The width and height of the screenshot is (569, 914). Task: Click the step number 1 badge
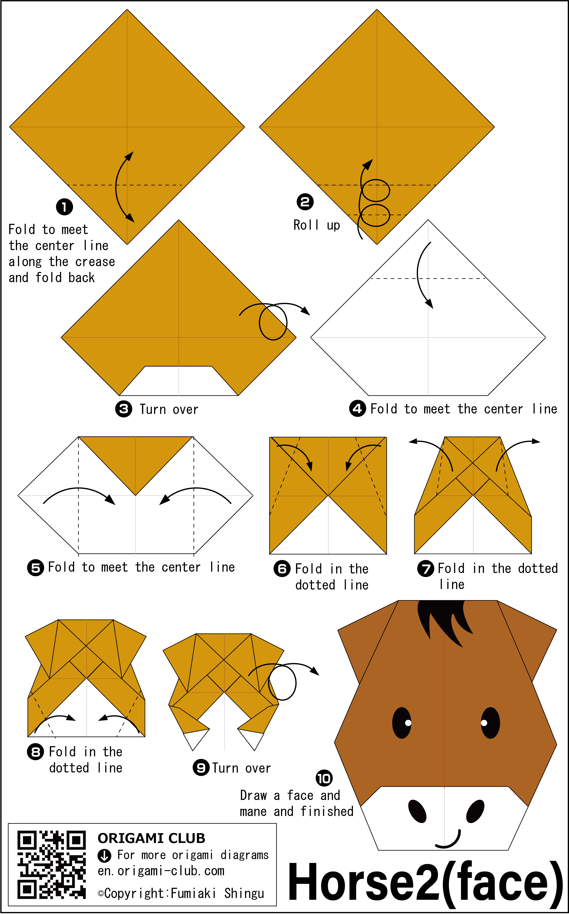pyautogui.click(x=64, y=207)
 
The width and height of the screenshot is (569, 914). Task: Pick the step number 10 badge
pyautogui.click(x=324, y=778)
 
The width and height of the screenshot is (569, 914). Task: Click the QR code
pyautogui.click(x=52, y=865)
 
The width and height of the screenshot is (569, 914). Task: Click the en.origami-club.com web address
pyautogui.click(x=161, y=871)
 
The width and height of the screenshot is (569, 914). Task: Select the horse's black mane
pyautogui.click(x=444, y=621)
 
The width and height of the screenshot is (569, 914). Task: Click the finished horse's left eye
pyautogui.click(x=402, y=723)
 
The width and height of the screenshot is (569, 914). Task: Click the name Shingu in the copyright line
pyautogui.click(x=244, y=893)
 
